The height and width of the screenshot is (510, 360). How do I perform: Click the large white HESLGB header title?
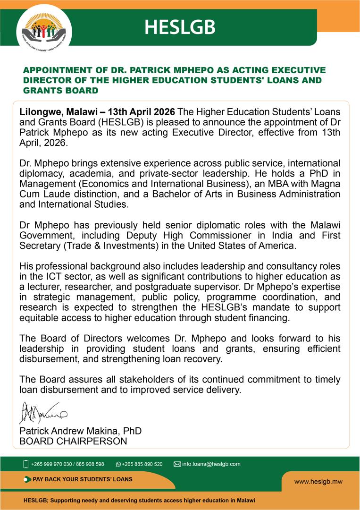(x=180, y=28)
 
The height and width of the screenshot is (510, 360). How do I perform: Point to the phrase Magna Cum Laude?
(x=311, y=184)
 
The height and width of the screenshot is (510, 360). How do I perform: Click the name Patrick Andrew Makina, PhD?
(x=80, y=431)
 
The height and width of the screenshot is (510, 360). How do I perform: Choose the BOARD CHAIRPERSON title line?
(x=73, y=442)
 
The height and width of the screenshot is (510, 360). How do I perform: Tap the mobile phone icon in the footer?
(x=26, y=464)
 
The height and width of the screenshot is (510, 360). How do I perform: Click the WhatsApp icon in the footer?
(x=118, y=464)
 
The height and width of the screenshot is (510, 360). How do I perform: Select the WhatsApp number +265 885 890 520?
(x=142, y=464)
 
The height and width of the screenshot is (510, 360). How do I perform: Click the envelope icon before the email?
(x=177, y=464)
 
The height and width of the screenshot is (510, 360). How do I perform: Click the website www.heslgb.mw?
(x=318, y=482)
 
